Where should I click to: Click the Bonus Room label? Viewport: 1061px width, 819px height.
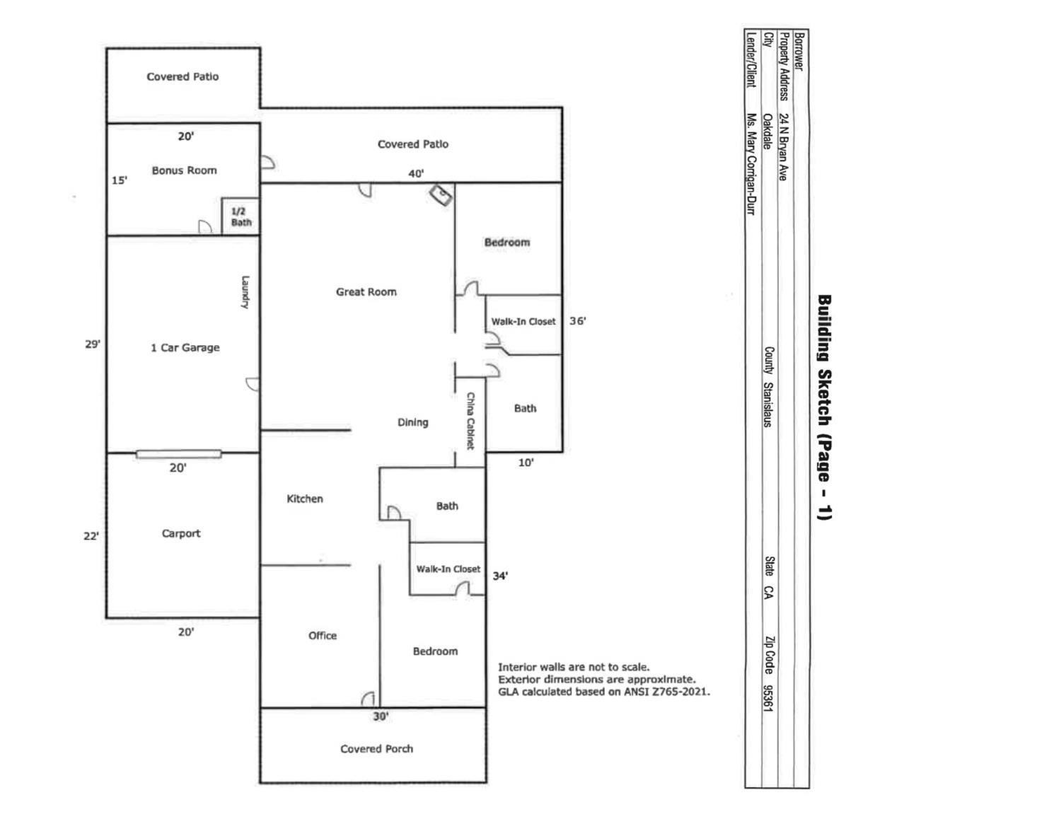click(x=184, y=170)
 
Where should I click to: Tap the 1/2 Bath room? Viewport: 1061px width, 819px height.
click(x=240, y=216)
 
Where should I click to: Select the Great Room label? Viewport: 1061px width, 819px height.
click(x=366, y=291)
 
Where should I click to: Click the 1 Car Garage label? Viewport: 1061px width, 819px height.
click(x=185, y=347)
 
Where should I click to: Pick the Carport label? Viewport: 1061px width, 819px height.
click(x=181, y=533)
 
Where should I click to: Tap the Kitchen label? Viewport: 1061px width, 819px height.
click(x=305, y=499)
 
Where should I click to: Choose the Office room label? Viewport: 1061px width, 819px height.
click(x=323, y=635)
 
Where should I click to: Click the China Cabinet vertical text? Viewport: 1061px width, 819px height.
click(x=470, y=421)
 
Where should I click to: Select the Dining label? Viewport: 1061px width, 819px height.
click(x=412, y=422)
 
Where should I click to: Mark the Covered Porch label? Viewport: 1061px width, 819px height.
click(x=376, y=748)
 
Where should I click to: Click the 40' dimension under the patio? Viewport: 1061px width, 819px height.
click(x=416, y=173)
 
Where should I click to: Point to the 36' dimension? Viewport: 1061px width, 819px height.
click(x=577, y=320)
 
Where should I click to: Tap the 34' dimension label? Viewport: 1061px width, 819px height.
click(x=500, y=576)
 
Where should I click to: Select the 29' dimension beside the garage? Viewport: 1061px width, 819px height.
click(x=93, y=344)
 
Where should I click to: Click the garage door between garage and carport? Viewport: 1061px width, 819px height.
click(x=178, y=454)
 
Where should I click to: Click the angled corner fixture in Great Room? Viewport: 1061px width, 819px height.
click(x=442, y=195)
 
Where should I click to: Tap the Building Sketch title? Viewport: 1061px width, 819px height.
click(x=824, y=407)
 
